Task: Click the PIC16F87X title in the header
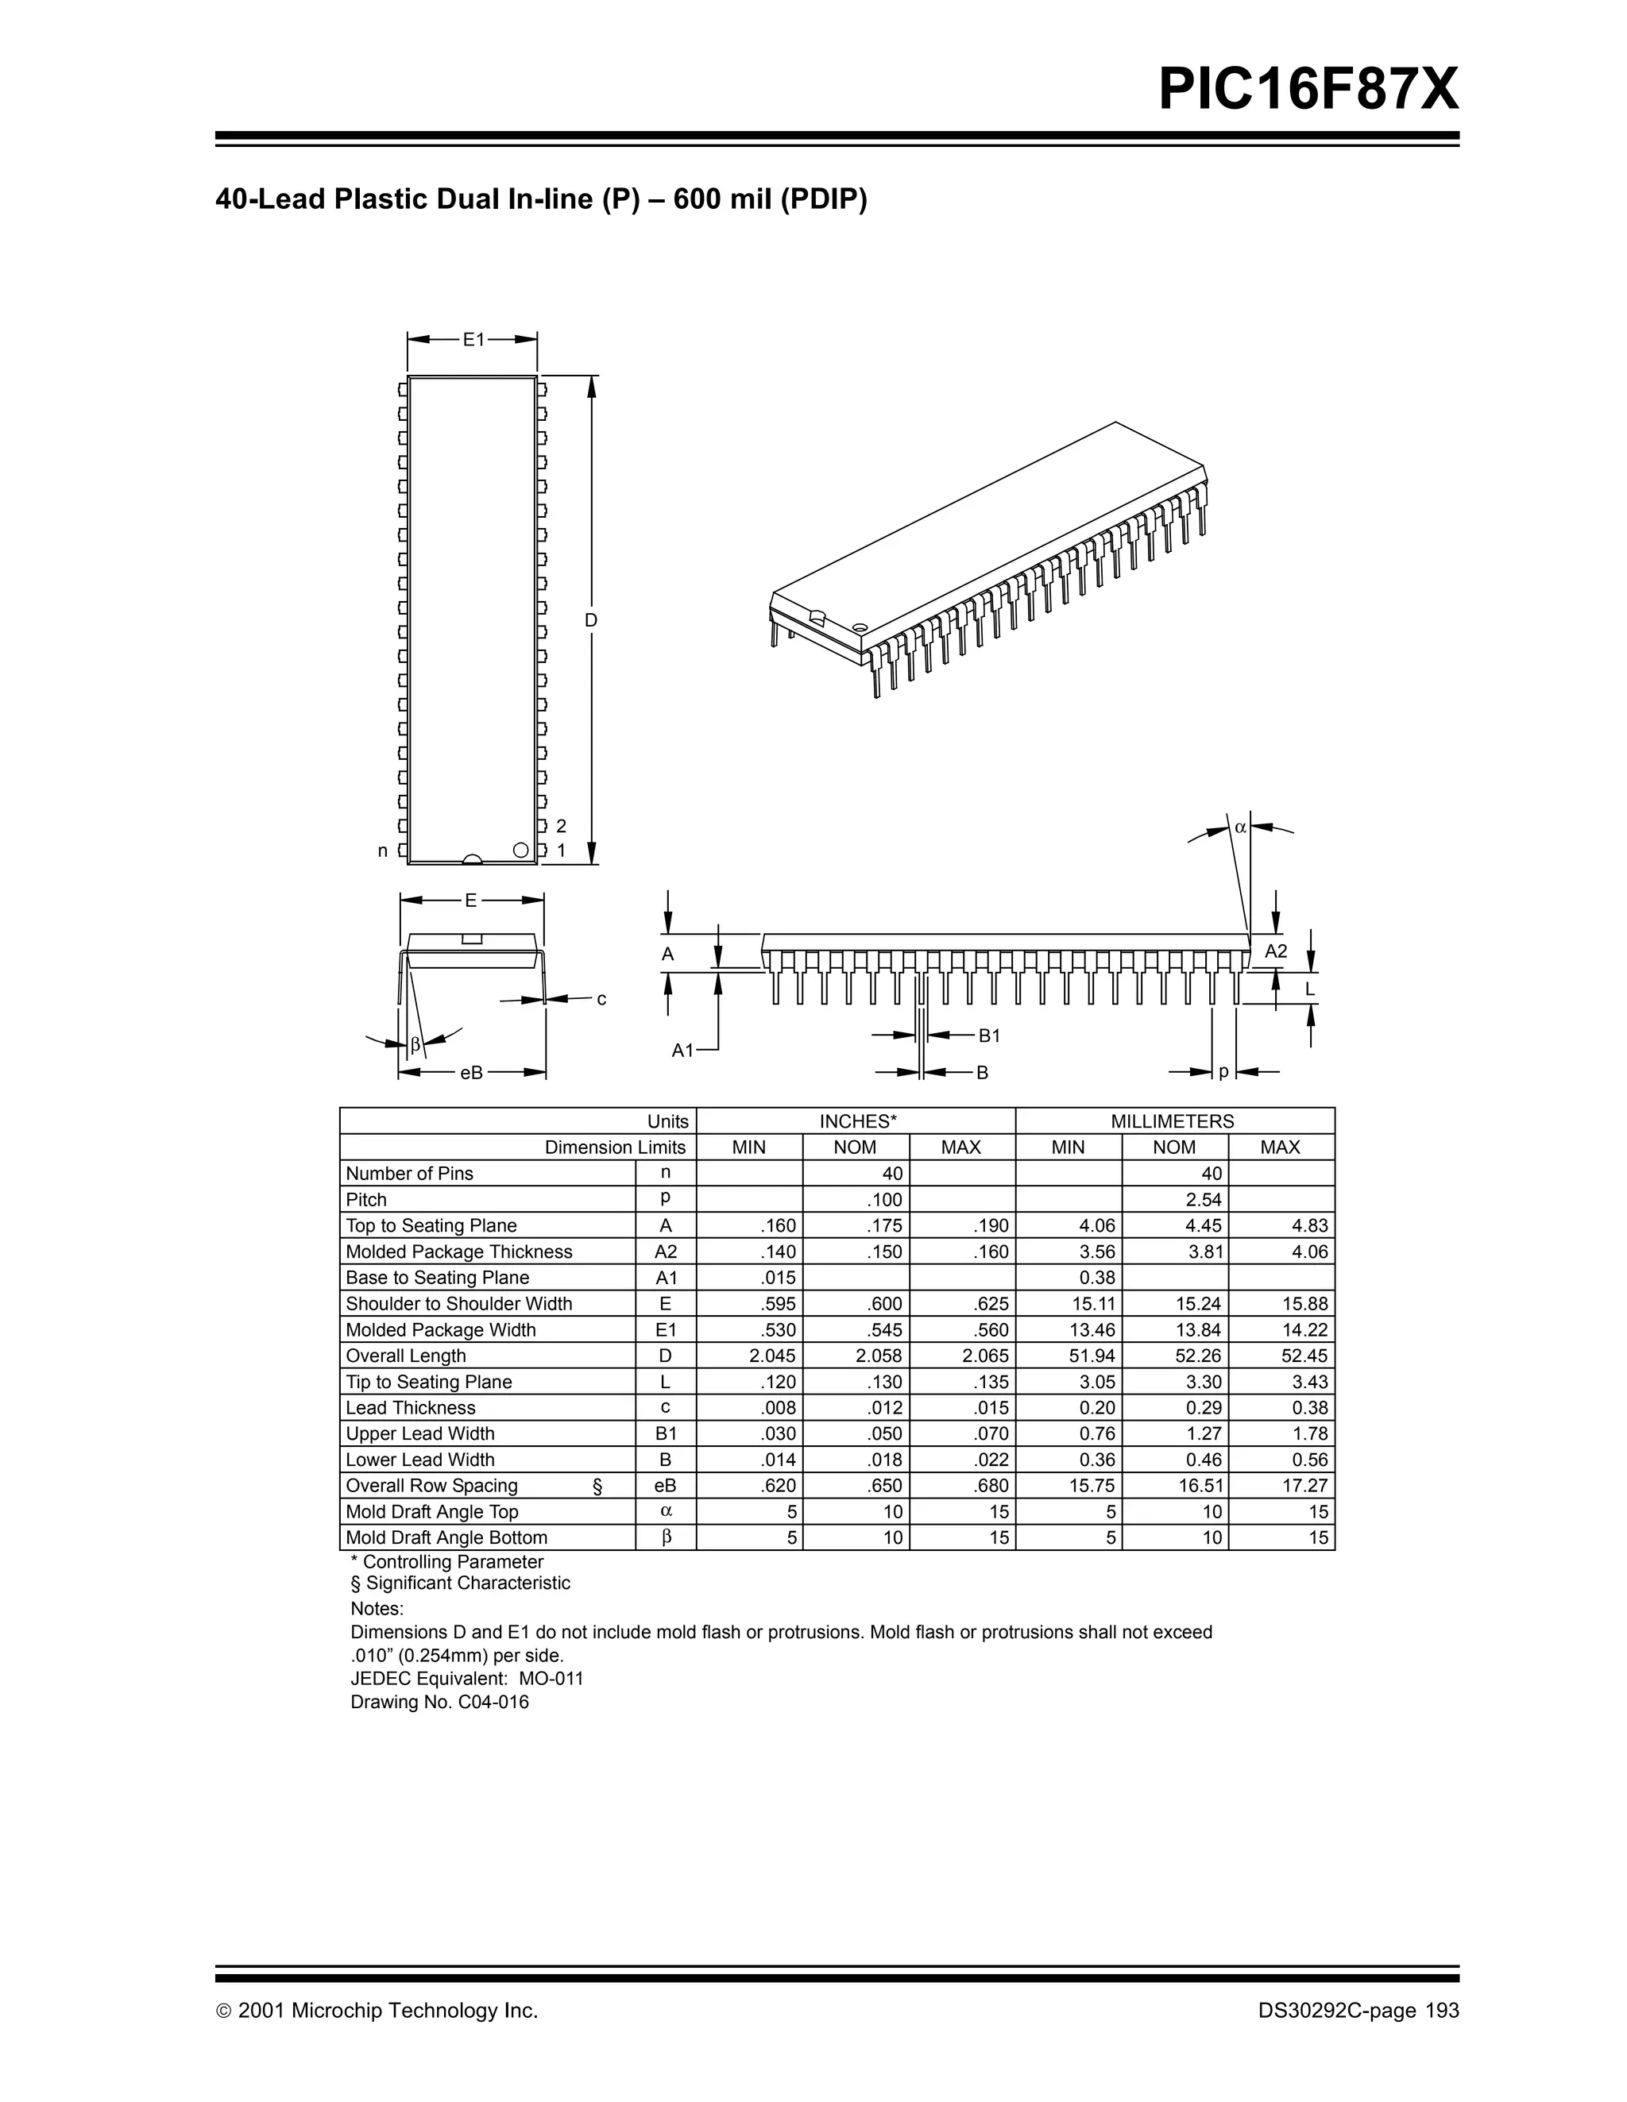click(1308, 90)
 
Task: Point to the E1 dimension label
click(473, 340)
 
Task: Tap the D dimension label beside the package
click(591, 621)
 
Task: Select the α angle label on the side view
click(1240, 827)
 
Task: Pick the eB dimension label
click(471, 1072)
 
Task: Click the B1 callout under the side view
click(990, 1036)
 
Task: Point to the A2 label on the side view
click(1276, 951)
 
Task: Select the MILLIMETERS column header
click(1173, 1121)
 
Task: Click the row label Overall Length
click(405, 1356)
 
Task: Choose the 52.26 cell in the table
click(1201, 1356)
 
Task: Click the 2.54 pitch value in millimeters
click(1204, 1200)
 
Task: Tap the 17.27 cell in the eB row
click(1304, 1486)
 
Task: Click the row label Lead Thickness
click(410, 1408)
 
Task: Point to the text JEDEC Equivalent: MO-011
click(467, 1679)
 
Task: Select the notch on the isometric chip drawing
click(817, 617)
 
